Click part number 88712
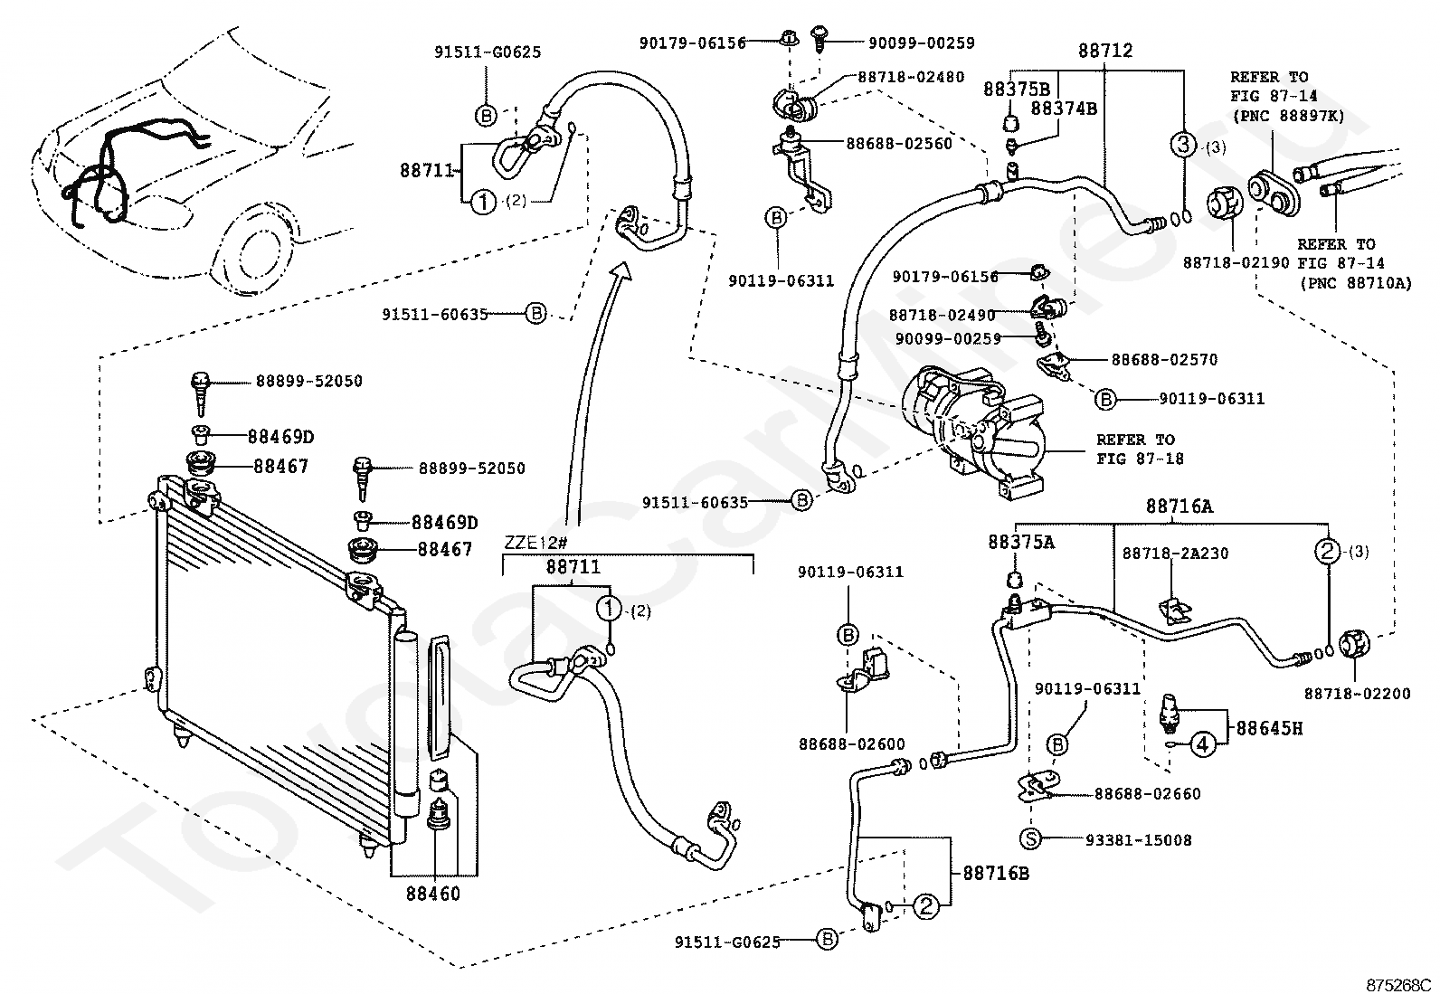tap(1104, 52)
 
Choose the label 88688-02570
tap(1164, 359)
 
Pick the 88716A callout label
tap(1179, 507)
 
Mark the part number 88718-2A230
tap(1175, 553)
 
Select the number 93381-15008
tap(1139, 840)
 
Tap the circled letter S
tap(1030, 839)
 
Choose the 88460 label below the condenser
tap(432, 895)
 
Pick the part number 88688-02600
tap(851, 744)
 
